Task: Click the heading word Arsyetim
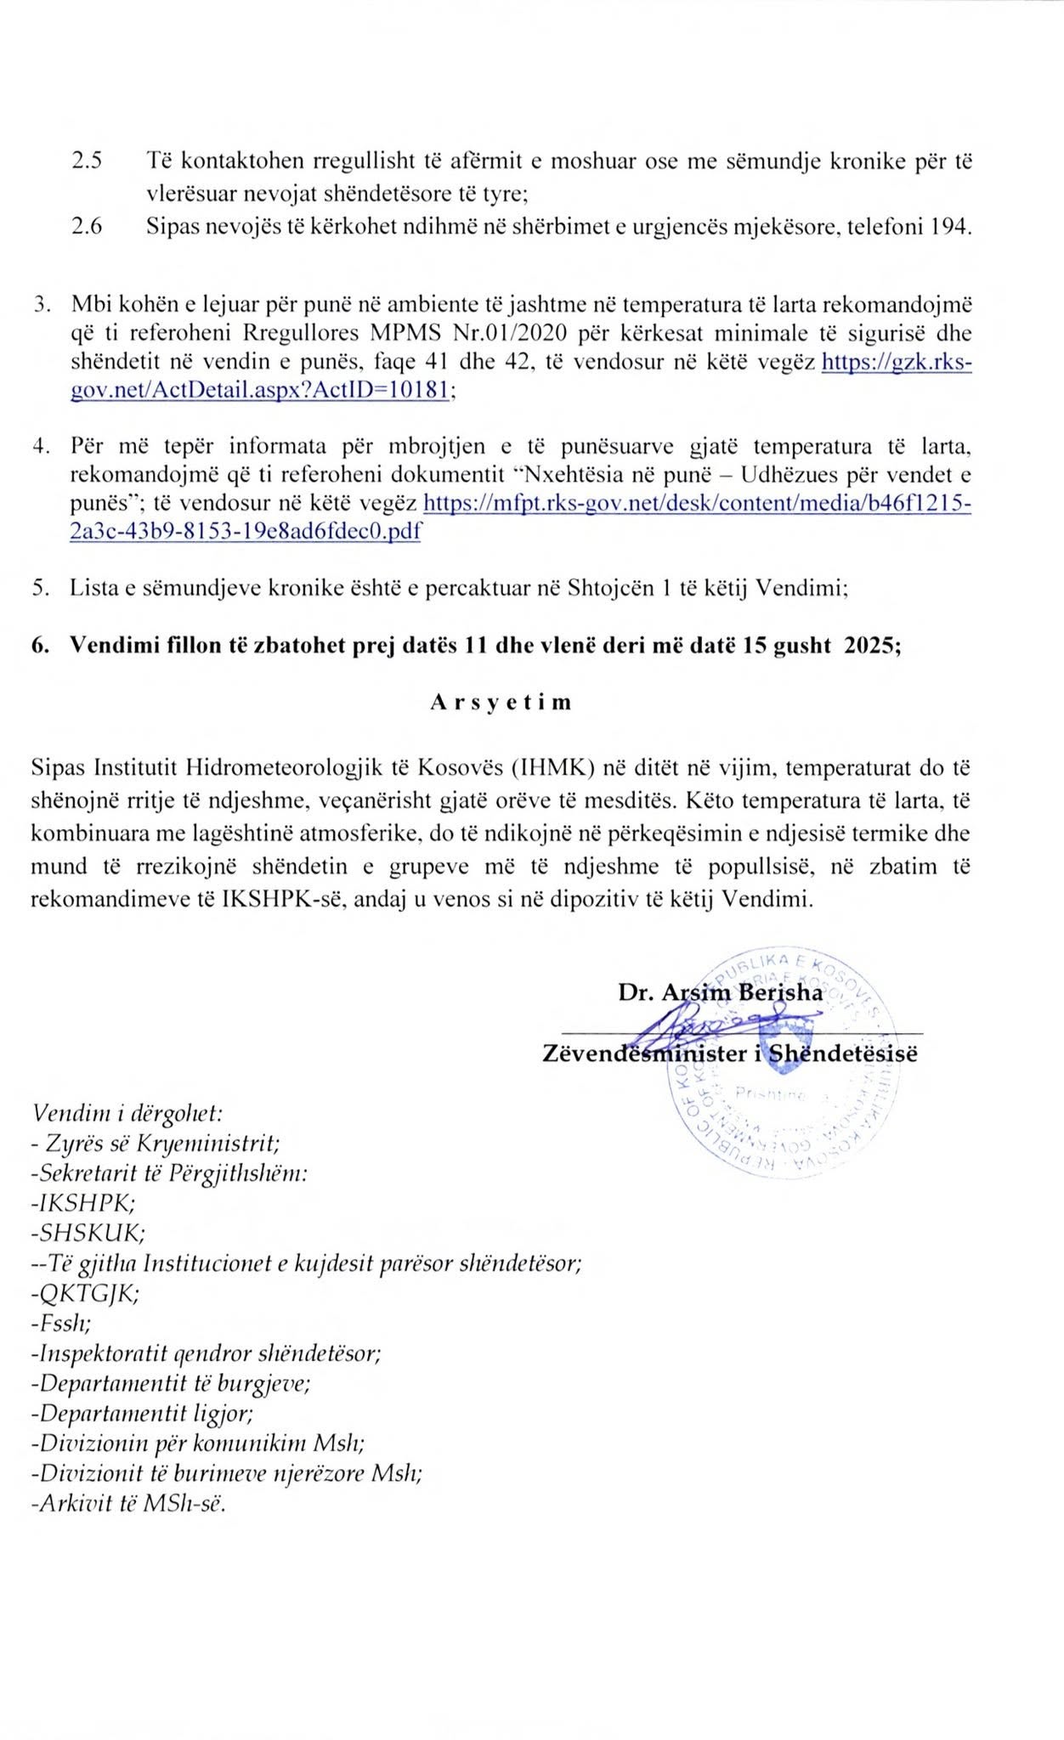tap(501, 703)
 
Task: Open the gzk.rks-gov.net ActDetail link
tap(896, 363)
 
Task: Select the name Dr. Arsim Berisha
tap(720, 992)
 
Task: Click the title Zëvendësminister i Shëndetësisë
tap(730, 1054)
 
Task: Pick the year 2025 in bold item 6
tap(867, 645)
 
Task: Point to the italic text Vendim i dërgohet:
tap(127, 1112)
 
